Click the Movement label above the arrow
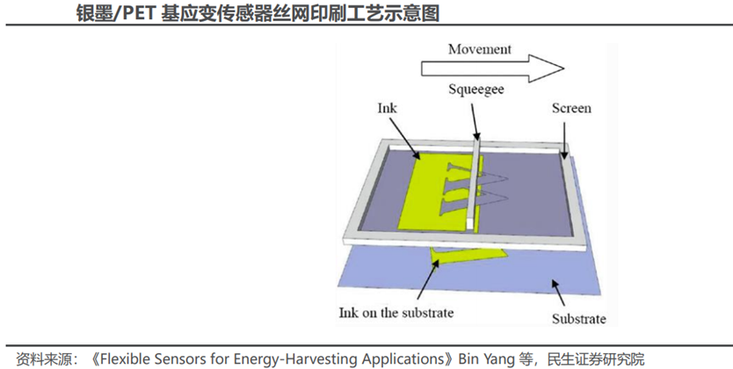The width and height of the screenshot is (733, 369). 480,49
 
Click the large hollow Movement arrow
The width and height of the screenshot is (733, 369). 492,69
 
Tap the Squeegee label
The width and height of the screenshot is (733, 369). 475,89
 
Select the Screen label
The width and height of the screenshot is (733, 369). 571,108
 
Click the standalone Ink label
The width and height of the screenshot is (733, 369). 387,108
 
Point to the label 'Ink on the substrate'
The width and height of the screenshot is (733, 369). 396,312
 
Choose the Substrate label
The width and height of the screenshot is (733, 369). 578,319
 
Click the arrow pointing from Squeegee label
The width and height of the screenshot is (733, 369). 475,121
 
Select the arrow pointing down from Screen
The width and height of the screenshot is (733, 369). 564,140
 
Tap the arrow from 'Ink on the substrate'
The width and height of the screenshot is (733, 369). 428,279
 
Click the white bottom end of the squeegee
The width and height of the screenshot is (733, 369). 470,223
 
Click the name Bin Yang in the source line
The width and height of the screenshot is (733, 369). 486,359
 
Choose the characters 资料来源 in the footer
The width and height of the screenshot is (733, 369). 44,359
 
